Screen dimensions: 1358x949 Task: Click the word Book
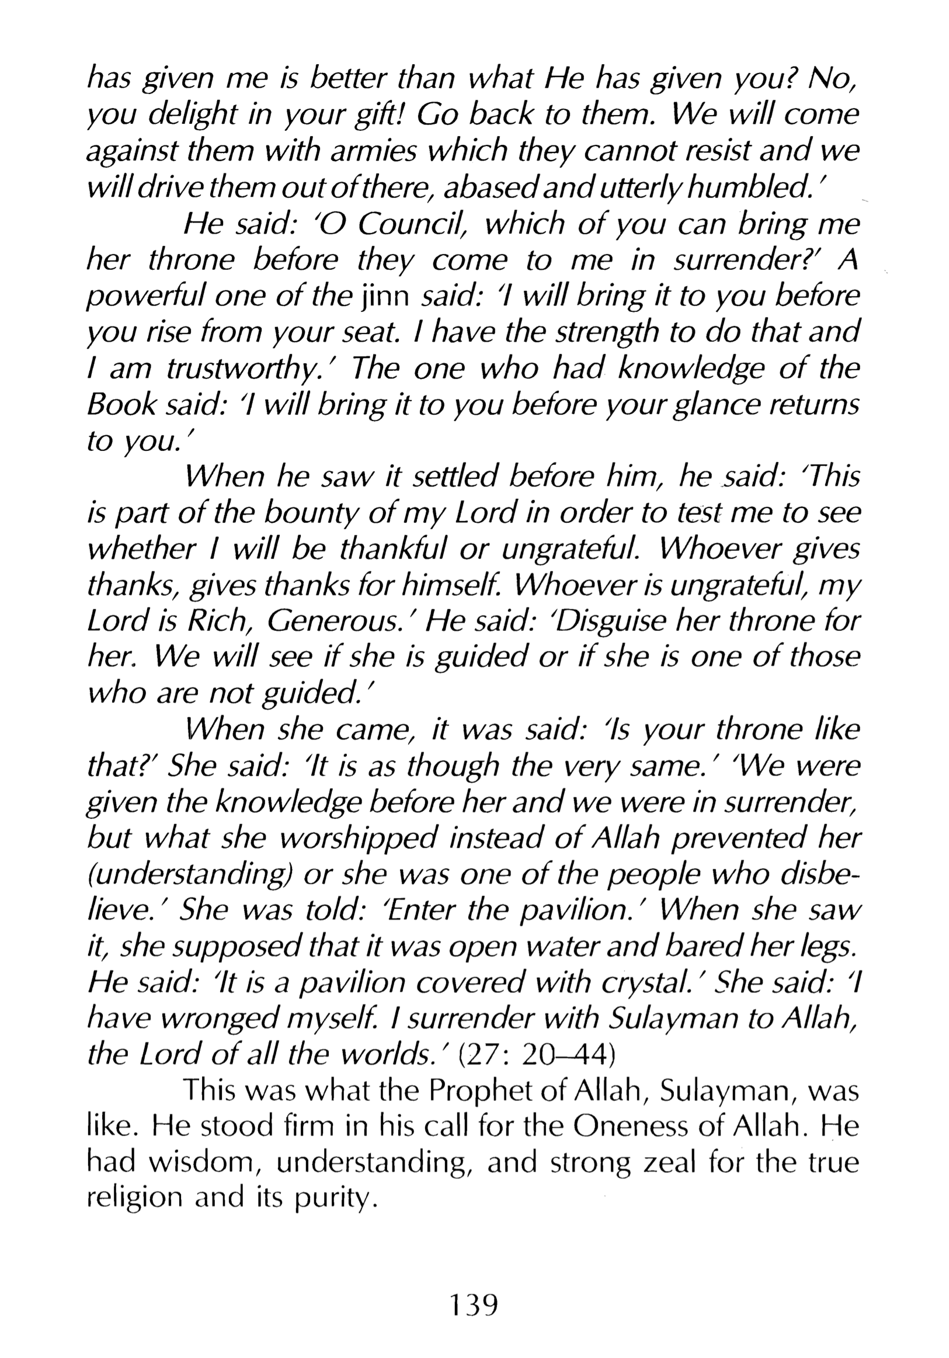click(122, 406)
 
